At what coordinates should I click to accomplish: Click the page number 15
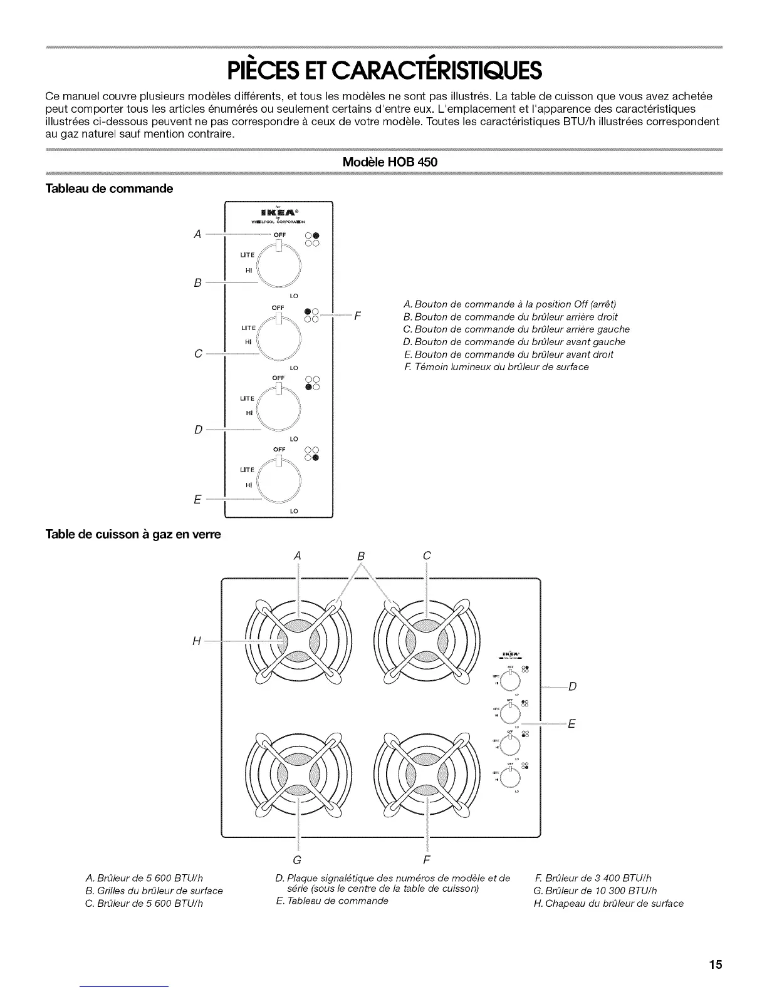(715, 964)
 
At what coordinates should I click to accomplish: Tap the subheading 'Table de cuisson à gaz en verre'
(133, 535)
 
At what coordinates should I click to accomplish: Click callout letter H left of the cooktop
(198, 641)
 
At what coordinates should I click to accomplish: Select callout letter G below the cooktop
(297, 857)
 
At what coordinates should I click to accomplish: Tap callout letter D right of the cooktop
(571, 686)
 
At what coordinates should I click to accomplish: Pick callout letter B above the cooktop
(361, 555)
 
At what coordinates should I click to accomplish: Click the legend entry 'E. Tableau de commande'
(331, 901)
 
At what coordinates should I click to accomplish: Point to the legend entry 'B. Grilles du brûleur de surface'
(154, 891)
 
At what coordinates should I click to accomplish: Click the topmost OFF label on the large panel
(279, 235)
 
